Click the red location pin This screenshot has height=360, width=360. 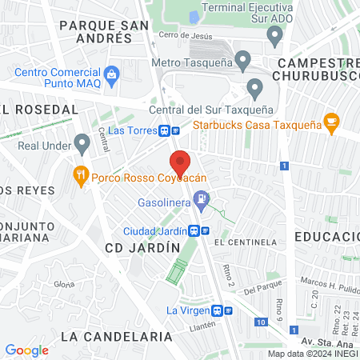click(180, 163)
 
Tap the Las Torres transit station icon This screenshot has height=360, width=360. click(164, 130)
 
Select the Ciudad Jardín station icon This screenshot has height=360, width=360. click(194, 230)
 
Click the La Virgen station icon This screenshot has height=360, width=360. click(215, 310)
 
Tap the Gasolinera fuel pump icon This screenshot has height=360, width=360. click(202, 198)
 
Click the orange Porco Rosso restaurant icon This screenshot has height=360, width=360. click(80, 174)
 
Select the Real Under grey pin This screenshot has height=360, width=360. click(81, 144)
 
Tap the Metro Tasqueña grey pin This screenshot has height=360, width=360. click(243, 59)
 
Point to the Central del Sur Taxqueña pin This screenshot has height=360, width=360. click(255, 88)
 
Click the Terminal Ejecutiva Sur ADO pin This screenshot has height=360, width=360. click(274, 35)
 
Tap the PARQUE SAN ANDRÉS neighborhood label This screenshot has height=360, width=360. click(105, 31)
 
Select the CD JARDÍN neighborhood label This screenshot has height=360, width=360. click(142, 248)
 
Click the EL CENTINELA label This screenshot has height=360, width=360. click(246, 242)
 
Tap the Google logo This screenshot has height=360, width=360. click(26, 350)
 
